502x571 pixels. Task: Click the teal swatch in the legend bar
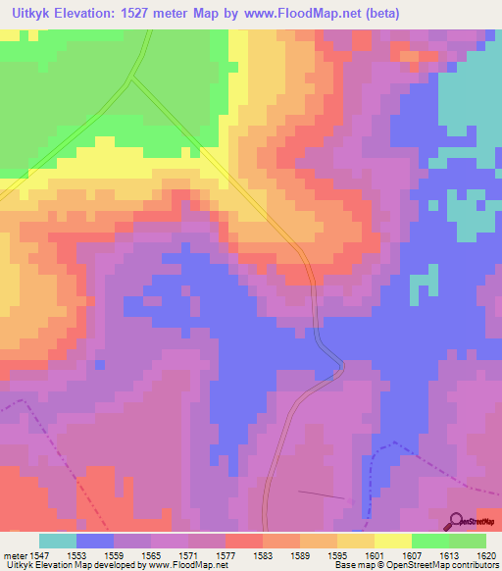(57, 541)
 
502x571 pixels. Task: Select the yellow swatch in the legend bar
(393, 541)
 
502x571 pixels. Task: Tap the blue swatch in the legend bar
(94, 541)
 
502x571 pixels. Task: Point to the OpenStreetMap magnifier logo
(456, 520)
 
